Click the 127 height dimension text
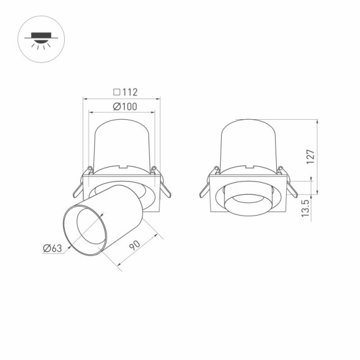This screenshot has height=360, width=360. click(310, 156)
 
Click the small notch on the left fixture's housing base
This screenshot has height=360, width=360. click(122, 166)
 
